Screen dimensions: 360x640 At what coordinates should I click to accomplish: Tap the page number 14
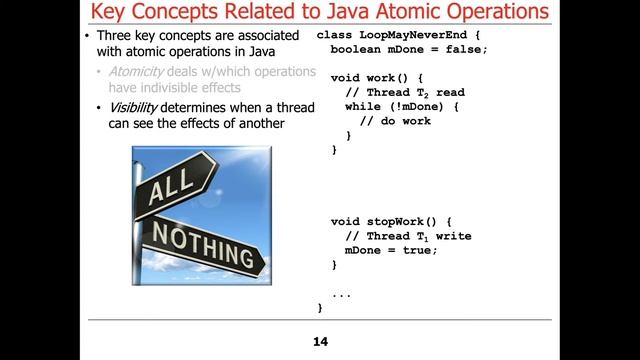tap(320, 342)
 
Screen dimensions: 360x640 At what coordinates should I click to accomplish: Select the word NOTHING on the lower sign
tap(204, 244)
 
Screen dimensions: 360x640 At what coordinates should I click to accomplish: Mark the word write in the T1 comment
tap(453, 236)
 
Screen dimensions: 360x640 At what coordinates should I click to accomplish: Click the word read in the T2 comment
tap(450, 92)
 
